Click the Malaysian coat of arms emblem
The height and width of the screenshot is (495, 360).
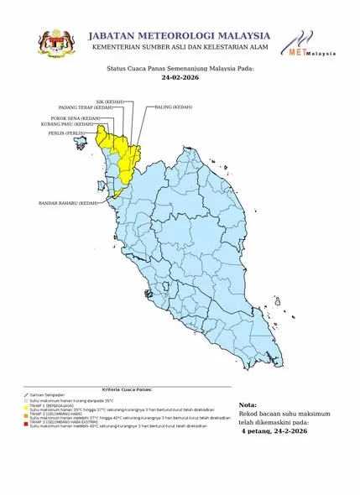click(x=57, y=44)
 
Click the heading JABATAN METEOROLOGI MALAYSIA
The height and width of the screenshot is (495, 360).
click(x=180, y=35)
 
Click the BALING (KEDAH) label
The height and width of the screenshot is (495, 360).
click(x=172, y=108)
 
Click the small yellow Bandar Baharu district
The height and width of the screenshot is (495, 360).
click(x=117, y=193)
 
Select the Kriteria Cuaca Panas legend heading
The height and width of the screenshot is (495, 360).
click(x=127, y=390)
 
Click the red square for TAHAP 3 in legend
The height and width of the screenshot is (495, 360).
click(x=27, y=423)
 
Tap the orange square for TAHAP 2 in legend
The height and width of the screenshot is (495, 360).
click(x=27, y=414)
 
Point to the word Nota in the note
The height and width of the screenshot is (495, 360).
click(x=248, y=404)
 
